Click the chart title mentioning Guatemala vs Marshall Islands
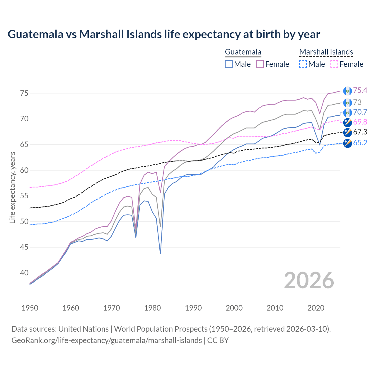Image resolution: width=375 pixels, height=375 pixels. point(164,34)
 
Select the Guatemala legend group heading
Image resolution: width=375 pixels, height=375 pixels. point(243,52)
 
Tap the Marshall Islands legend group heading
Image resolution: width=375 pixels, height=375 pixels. point(326,52)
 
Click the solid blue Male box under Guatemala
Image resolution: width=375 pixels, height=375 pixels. point(229,64)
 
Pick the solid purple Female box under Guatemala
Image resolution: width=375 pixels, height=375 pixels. point(260,64)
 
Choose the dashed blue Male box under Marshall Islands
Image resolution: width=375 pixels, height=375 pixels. point(303,64)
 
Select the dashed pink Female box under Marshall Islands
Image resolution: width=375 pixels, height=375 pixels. point(334,64)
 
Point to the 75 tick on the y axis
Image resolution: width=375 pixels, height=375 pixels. point(24,93)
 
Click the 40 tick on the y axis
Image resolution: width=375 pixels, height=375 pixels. point(24,273)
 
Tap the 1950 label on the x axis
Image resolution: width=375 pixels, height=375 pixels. point(30,308)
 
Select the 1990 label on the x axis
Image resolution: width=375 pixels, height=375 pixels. point(193,308)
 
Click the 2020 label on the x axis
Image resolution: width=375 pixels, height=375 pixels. point(316,308)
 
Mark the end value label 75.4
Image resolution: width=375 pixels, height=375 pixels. point(360,91)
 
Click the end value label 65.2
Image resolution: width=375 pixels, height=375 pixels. point(360,143)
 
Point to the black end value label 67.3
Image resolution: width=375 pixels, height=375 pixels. point(360,132)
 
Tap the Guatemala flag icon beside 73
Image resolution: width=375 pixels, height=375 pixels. point(347,103)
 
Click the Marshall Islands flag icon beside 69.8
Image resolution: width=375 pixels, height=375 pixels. point(347,122)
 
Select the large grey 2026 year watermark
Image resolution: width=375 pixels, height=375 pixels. point(309,281)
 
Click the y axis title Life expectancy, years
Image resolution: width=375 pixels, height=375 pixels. point(13,187)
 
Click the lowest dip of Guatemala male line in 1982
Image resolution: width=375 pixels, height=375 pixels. point(160,254)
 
